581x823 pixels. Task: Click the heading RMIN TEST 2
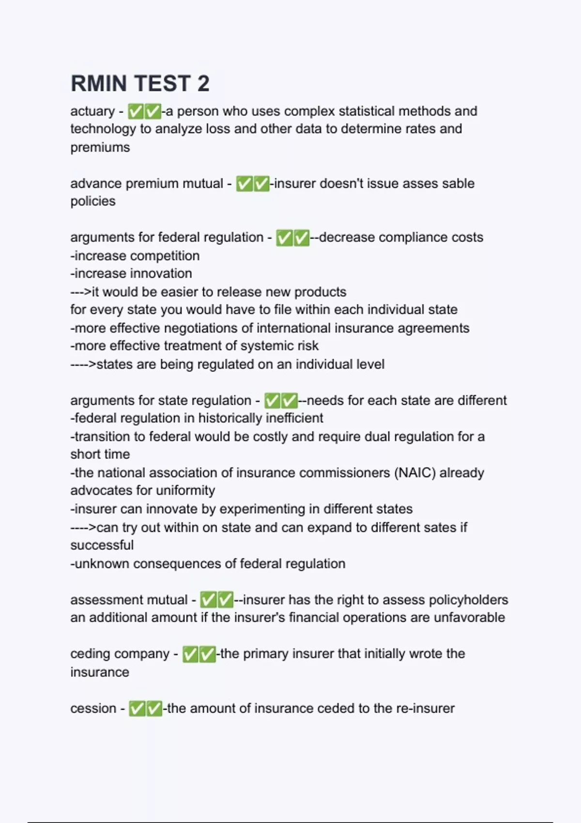click(140, 83)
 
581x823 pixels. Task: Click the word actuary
click(92, 111)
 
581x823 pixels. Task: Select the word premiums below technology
click(100, 147)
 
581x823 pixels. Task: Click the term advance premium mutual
click(147, 184)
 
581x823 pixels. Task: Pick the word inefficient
click(295, 418)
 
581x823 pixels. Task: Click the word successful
click(102, 545)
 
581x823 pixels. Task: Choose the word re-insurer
click(426, 709)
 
